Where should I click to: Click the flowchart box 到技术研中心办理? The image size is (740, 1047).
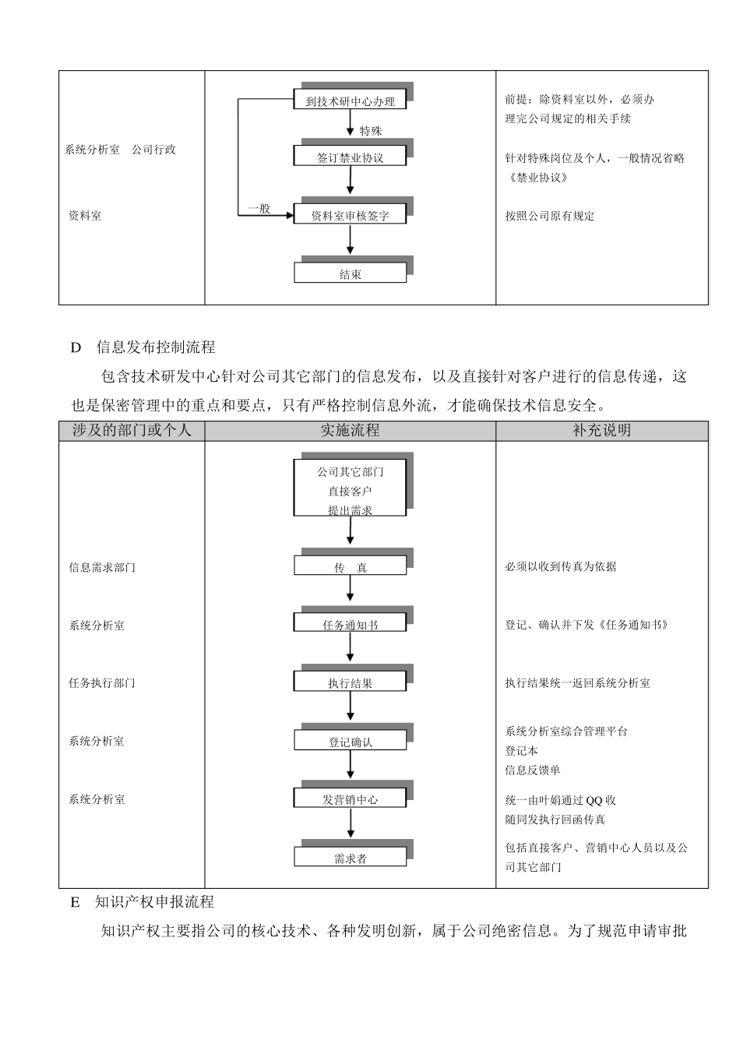coord(350,100)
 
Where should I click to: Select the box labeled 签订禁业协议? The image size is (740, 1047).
coord(350,157)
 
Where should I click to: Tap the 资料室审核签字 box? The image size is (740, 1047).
coord(350,216)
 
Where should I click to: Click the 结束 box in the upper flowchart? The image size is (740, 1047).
coord(350,274)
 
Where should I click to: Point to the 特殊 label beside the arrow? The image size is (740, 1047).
coord(371,131)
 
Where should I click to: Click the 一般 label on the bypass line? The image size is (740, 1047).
coord(259,208)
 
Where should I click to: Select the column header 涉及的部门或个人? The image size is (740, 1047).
coord(132,430)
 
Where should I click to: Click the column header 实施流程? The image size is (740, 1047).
coord(350,430)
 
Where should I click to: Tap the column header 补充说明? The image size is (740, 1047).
coord(601,430)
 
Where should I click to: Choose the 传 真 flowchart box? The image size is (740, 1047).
coord(350,567)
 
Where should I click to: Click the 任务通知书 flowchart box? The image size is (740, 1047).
coord(350,625)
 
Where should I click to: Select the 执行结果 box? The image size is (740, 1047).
coord(350,683)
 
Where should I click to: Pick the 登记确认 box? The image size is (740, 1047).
coord(350,742)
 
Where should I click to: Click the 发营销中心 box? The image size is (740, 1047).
coord(350,799)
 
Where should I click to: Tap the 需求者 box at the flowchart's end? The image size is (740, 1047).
coord(350,858)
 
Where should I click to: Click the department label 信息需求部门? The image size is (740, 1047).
coord(102,567)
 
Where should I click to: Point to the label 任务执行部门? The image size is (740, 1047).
coord(102,683)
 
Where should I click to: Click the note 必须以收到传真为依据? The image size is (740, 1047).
coord(560,566)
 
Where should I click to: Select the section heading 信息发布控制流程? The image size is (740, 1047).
coord(155,347)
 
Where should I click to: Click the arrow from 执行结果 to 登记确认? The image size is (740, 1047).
coord(351,707)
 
